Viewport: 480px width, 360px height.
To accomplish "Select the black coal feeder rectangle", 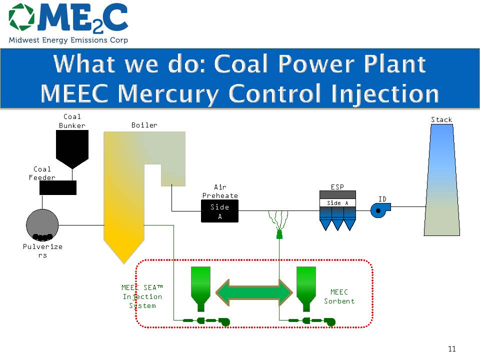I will (58, 187).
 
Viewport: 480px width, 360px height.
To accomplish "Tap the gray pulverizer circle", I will (42, 224).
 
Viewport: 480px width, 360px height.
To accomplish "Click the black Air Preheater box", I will (219, 211).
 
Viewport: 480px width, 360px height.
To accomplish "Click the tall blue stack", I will (441, 180).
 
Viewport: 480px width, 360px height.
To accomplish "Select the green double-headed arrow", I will (254, 292).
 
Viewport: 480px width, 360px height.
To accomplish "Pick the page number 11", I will (452, 349).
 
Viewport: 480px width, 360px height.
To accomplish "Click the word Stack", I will (441, 119).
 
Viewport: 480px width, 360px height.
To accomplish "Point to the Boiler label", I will (144, 125).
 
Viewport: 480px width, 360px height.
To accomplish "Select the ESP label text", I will (337, 187).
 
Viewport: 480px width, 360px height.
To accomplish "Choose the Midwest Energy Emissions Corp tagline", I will (68, 40).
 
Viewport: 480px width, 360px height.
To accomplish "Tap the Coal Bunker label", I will (72, 121).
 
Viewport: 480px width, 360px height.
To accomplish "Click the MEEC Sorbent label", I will (339, 296).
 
